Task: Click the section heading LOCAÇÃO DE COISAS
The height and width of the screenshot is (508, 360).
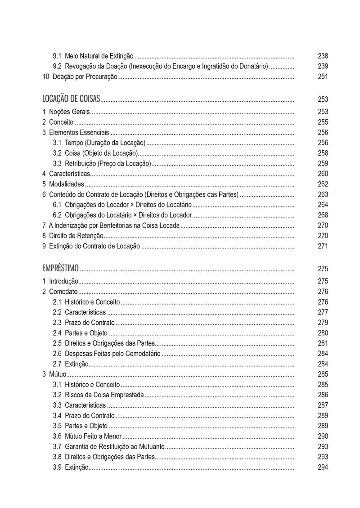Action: coord(71,99)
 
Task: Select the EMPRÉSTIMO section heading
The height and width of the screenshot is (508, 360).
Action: coord(60,269)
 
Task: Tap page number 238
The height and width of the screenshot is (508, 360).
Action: coord(323,56)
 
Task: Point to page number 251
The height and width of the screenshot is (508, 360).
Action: coord(323,77)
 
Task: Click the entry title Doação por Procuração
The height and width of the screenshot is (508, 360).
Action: coord(85,77)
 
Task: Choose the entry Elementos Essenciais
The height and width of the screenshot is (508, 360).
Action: coord(79,132)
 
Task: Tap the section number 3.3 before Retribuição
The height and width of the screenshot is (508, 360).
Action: coord(57,163)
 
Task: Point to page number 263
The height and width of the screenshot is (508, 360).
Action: coord(323,194)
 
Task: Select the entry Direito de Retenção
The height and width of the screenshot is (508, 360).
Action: coord(76,236)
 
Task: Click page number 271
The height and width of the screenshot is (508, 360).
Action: coord(323,246)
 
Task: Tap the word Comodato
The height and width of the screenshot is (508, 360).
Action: coord(63,292)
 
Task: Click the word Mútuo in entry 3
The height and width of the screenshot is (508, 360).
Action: coord(58,374)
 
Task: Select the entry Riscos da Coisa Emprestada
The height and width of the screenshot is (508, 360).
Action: coord(104,395)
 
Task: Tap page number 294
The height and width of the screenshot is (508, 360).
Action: coord(323,468)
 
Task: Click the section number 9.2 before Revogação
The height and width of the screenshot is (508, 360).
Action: coord(57,67)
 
